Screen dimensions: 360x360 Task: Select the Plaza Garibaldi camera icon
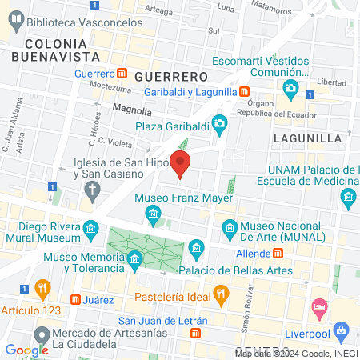[218, 124]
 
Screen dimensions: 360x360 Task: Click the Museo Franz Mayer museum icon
[153, 213]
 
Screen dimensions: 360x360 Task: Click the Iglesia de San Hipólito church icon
[93, 190]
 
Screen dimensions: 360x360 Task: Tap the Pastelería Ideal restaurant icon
[221, 296]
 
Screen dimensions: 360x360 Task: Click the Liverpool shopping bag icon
[342, 330]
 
